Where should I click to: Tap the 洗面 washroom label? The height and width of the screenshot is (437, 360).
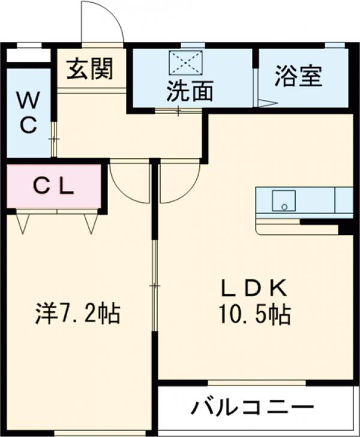pyautogui.click(x=190, y=91)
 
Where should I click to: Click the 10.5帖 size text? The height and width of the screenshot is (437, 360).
pyautogui.click(x=255, y=315)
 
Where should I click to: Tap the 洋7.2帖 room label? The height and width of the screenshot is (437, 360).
pyautogui.click(x=76, y=313)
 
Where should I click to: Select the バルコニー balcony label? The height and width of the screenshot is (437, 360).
pyautogui.click(x=252, y=408)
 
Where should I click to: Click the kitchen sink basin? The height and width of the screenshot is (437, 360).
pyautogui.click(x=283, y=200)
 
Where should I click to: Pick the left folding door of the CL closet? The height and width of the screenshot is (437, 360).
pyautogui.click(x=23, y=222)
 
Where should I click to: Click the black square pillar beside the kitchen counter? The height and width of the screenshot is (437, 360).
pyautogui.click(x=345, y=228)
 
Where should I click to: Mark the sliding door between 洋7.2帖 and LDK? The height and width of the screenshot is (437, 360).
pyautogui.click(x=154, y=288)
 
